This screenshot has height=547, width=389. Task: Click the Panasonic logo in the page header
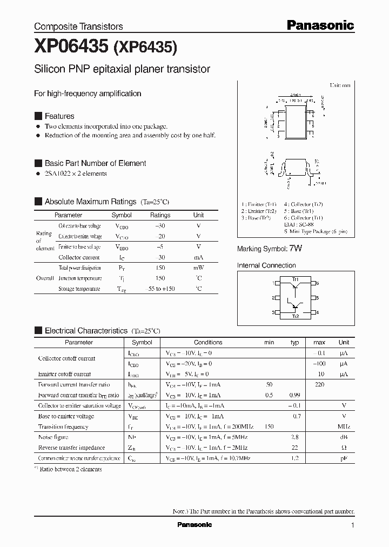click(x=320, y=25)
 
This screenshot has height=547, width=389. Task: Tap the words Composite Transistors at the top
click(x=78, y=26)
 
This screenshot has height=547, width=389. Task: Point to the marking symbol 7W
click(x=296, y=249)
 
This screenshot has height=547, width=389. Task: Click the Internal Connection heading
click(x=266, y=265)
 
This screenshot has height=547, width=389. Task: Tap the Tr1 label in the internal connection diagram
click(x=295, y=279)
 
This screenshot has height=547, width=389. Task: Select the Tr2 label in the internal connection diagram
click(x=295, y=316)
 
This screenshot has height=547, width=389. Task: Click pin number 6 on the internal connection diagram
click(x=318, y=283)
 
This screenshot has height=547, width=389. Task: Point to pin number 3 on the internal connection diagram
click(x=273, y=312)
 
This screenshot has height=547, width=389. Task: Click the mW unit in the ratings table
click(x=199, y=268)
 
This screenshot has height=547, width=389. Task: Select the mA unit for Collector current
click(x=199, y=258)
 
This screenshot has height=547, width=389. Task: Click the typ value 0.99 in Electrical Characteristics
click(x=294, y=395)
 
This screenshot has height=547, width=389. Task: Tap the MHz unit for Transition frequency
click(x=344, y=426)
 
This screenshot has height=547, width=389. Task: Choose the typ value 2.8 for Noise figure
click(x=294, y=437)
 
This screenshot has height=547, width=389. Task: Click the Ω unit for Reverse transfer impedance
click(x=344, y=448)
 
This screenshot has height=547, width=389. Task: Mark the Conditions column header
click(x=208, y=342)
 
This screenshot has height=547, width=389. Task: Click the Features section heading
click(x=59, y=116)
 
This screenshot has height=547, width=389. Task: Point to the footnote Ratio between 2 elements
click(x=70, y=469)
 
